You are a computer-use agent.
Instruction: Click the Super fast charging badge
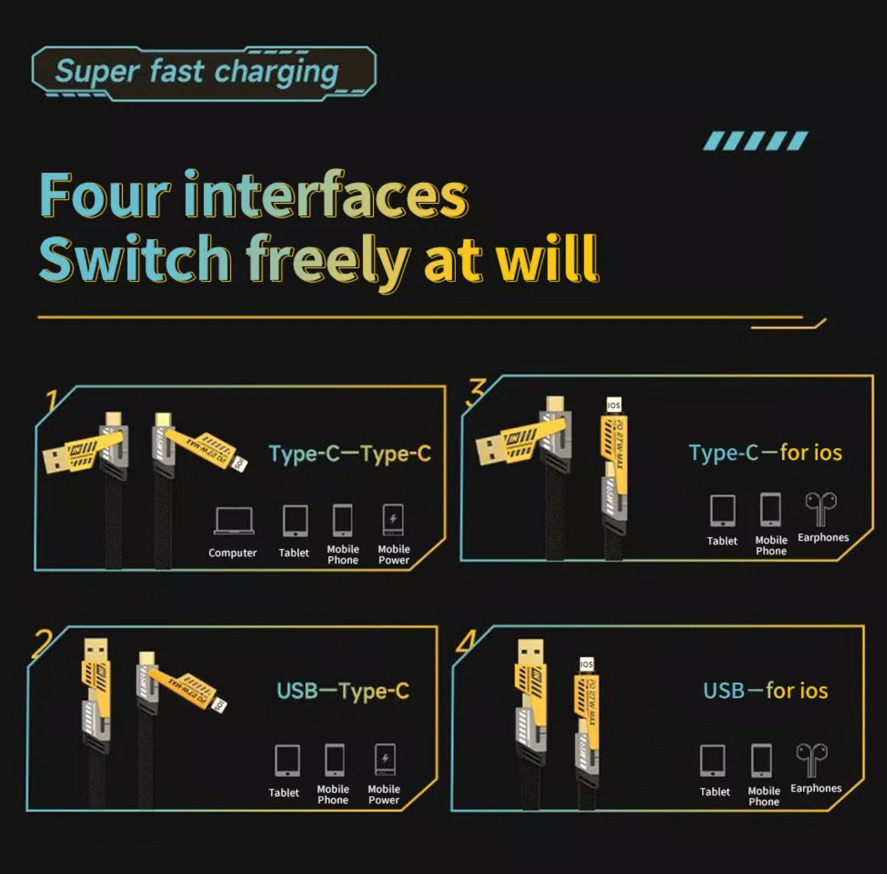click(x=203, y=72)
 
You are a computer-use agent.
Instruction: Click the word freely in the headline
click(x=328, y=260)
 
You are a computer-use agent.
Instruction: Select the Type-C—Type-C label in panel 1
click(x=349, y=454)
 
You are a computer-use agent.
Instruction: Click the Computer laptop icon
click(x=234, y=521)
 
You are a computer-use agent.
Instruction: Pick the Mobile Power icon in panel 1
click(x=393, y=520)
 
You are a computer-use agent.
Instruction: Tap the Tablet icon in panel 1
click(x=295, y=521)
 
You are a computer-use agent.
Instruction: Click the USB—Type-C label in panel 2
click(x=343, y=691)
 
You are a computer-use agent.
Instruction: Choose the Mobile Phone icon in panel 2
click(x=334, y=760)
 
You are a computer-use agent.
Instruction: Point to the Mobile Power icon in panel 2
click(x=384, y=760)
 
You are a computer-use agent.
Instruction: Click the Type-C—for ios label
click(x=765, y=453)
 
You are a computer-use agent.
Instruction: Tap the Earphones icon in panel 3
click(x=820, y=509)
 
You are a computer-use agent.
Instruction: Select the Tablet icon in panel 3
click(x=723, y=511)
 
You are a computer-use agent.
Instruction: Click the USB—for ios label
click(x=765, y=690)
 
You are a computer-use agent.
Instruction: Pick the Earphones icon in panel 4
click(x=812, y=759)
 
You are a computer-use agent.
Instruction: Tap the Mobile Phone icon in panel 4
click(x=762, y=761)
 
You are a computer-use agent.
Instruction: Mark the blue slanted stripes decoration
click(x=755, y=141)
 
